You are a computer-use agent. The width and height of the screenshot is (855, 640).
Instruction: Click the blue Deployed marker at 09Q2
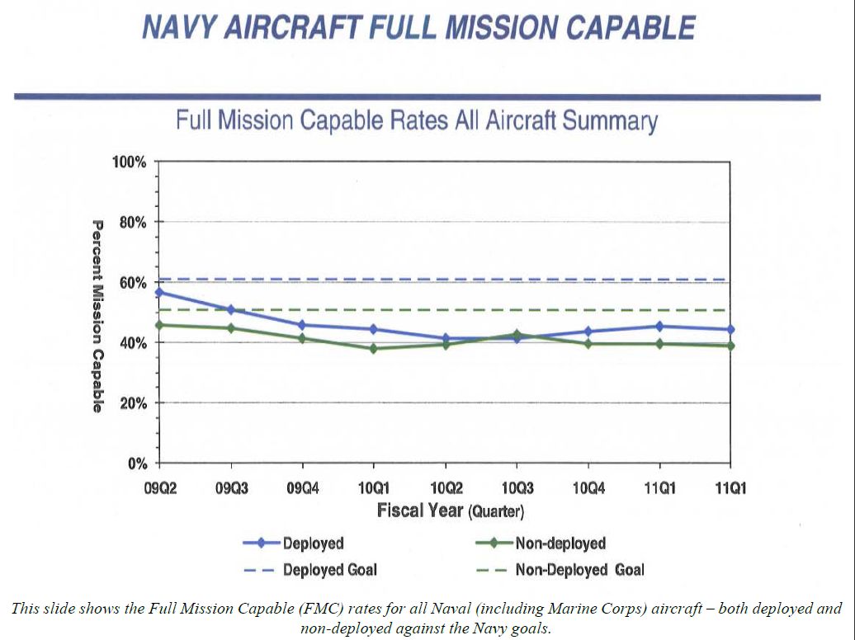pyautogui.click(x=158, y=293)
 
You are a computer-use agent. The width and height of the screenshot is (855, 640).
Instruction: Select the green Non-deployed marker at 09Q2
pyautogui.click(x=158, y=325)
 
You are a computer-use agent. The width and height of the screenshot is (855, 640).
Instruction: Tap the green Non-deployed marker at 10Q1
pyautogui.click(x=373, y=349)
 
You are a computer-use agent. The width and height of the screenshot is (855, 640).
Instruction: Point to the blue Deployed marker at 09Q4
pyautogui.click(x=302, y=325)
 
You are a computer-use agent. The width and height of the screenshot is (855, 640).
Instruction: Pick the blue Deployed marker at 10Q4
pyautogui.click(x=588, y=332)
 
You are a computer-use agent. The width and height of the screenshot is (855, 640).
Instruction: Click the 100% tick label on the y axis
pyautogui.click(x=129, y=162)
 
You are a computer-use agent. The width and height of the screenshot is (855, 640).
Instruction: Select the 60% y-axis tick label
pyautogui.click(x=132, y=283)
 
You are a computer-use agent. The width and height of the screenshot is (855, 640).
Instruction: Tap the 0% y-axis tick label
pyautogui.click(x=136, y=464)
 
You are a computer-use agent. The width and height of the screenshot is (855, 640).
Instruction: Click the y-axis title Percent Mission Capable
pyautogui.click(x=97, y=316)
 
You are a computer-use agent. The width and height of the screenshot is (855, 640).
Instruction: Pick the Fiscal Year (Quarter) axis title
pyautogui.click(x=450, y=511)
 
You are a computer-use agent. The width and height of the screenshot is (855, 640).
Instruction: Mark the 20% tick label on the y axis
pyautogui.click(x=132, y=403)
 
